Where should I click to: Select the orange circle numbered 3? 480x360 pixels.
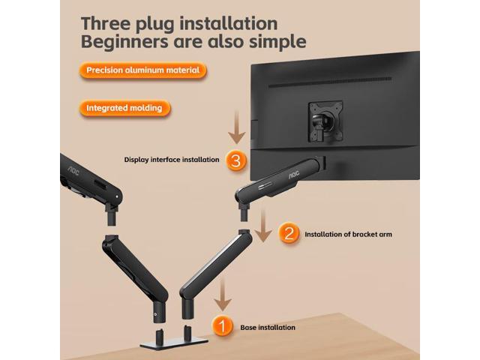coord(235,160)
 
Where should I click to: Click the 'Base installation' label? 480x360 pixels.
coord(268,327)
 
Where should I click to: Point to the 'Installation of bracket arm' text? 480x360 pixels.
coord(348,234)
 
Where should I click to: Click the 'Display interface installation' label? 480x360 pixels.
coord(172,160)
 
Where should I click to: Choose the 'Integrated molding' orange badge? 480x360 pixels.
coord(124,108)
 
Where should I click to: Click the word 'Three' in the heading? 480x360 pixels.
coord(109,24)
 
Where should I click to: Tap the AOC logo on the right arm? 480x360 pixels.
coord(294,171)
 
